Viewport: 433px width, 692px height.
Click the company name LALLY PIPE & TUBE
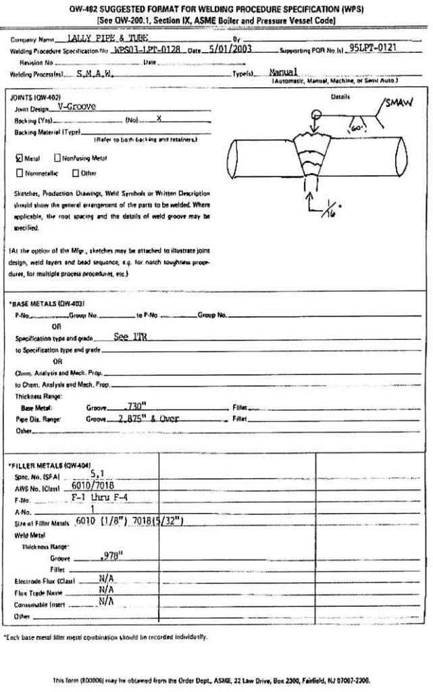[x=99, y=39]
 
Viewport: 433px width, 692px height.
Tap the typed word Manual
[x=284, y=72]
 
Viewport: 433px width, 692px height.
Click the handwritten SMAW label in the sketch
[x=399, y=103]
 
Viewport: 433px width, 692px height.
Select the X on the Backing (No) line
[x=159, y=118]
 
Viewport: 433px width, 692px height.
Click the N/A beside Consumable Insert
[x=106, y=603]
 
